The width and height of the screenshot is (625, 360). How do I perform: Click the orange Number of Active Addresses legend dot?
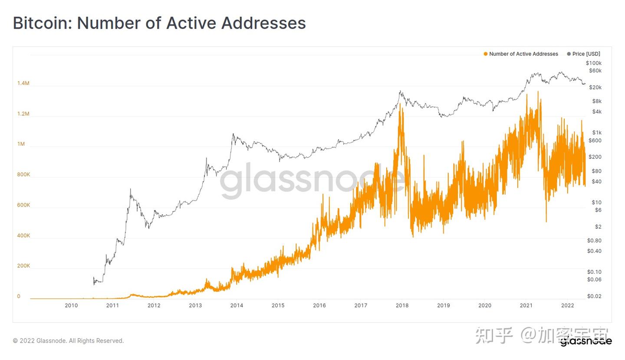pyautogui.click(x=486, y=54)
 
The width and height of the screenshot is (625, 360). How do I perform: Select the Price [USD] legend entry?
pyautogui.click(x=586, y=54)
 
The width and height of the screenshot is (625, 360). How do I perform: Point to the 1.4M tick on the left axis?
pyautogui.click(x=23, y=83)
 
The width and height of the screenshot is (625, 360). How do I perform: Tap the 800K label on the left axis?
pyautogui.click(x=23, y=175)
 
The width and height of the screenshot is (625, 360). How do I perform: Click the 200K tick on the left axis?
pyautogui.click(x=23, y=266)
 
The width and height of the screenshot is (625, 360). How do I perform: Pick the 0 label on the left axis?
pyautogui.click(x=19, y=297)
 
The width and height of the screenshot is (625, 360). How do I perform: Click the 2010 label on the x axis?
pyautogui.click(x=71, y=306)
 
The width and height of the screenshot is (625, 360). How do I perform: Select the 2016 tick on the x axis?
pyautogui.click(x=319, y=306)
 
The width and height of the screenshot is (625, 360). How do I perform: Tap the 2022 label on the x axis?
pyautogui.click(x=567, y=306)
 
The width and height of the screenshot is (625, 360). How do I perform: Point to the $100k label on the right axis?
pyautogui.click(x=593, y=63)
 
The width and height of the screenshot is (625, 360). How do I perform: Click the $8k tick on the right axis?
pyautogui.click(x=597, y=101)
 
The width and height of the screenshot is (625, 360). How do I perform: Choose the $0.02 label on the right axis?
pyautogui.click(x=594, y=297)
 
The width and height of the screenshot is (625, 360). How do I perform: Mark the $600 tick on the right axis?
pyautogui.click(x=595, y=141)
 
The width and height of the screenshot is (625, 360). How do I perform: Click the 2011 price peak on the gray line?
pyautogui.click(x=130, y=189)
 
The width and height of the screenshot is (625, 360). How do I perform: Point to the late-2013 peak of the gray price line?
pyautogui.click(x=233, y=134)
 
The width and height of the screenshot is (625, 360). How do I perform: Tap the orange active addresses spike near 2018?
pyautogui.click(x=401, y=104)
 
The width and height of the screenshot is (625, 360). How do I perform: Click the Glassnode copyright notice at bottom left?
pyautogui.click(x=68, y=341)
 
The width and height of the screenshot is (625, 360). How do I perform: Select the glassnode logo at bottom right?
pyautogui.click(x=586, y=341)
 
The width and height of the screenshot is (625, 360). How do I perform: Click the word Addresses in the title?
pyautogui.click(x=263, y=23)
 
